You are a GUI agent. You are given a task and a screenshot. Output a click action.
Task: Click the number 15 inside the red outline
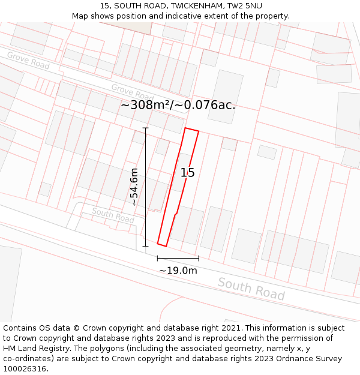(188, 173)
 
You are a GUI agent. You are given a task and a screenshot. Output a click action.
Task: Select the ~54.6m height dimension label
(134, 187)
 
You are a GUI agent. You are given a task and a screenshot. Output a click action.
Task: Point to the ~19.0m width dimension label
(178, 271)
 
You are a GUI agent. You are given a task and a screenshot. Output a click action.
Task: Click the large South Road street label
(251, 289)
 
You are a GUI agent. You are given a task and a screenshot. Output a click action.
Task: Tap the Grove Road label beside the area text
(133, 92)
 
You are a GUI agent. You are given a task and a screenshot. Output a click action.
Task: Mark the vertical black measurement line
(145, 187)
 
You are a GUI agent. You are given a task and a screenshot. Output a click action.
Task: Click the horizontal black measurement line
(178, 259)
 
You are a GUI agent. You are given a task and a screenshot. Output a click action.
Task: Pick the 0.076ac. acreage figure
(210, 105)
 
